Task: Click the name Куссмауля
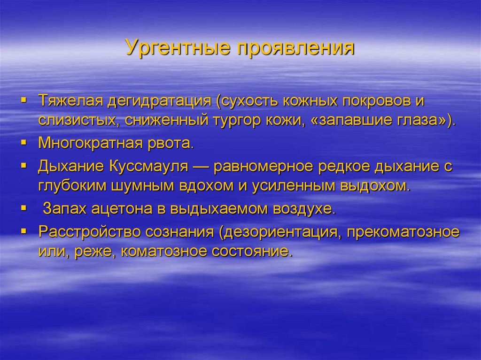click(149, 166)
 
